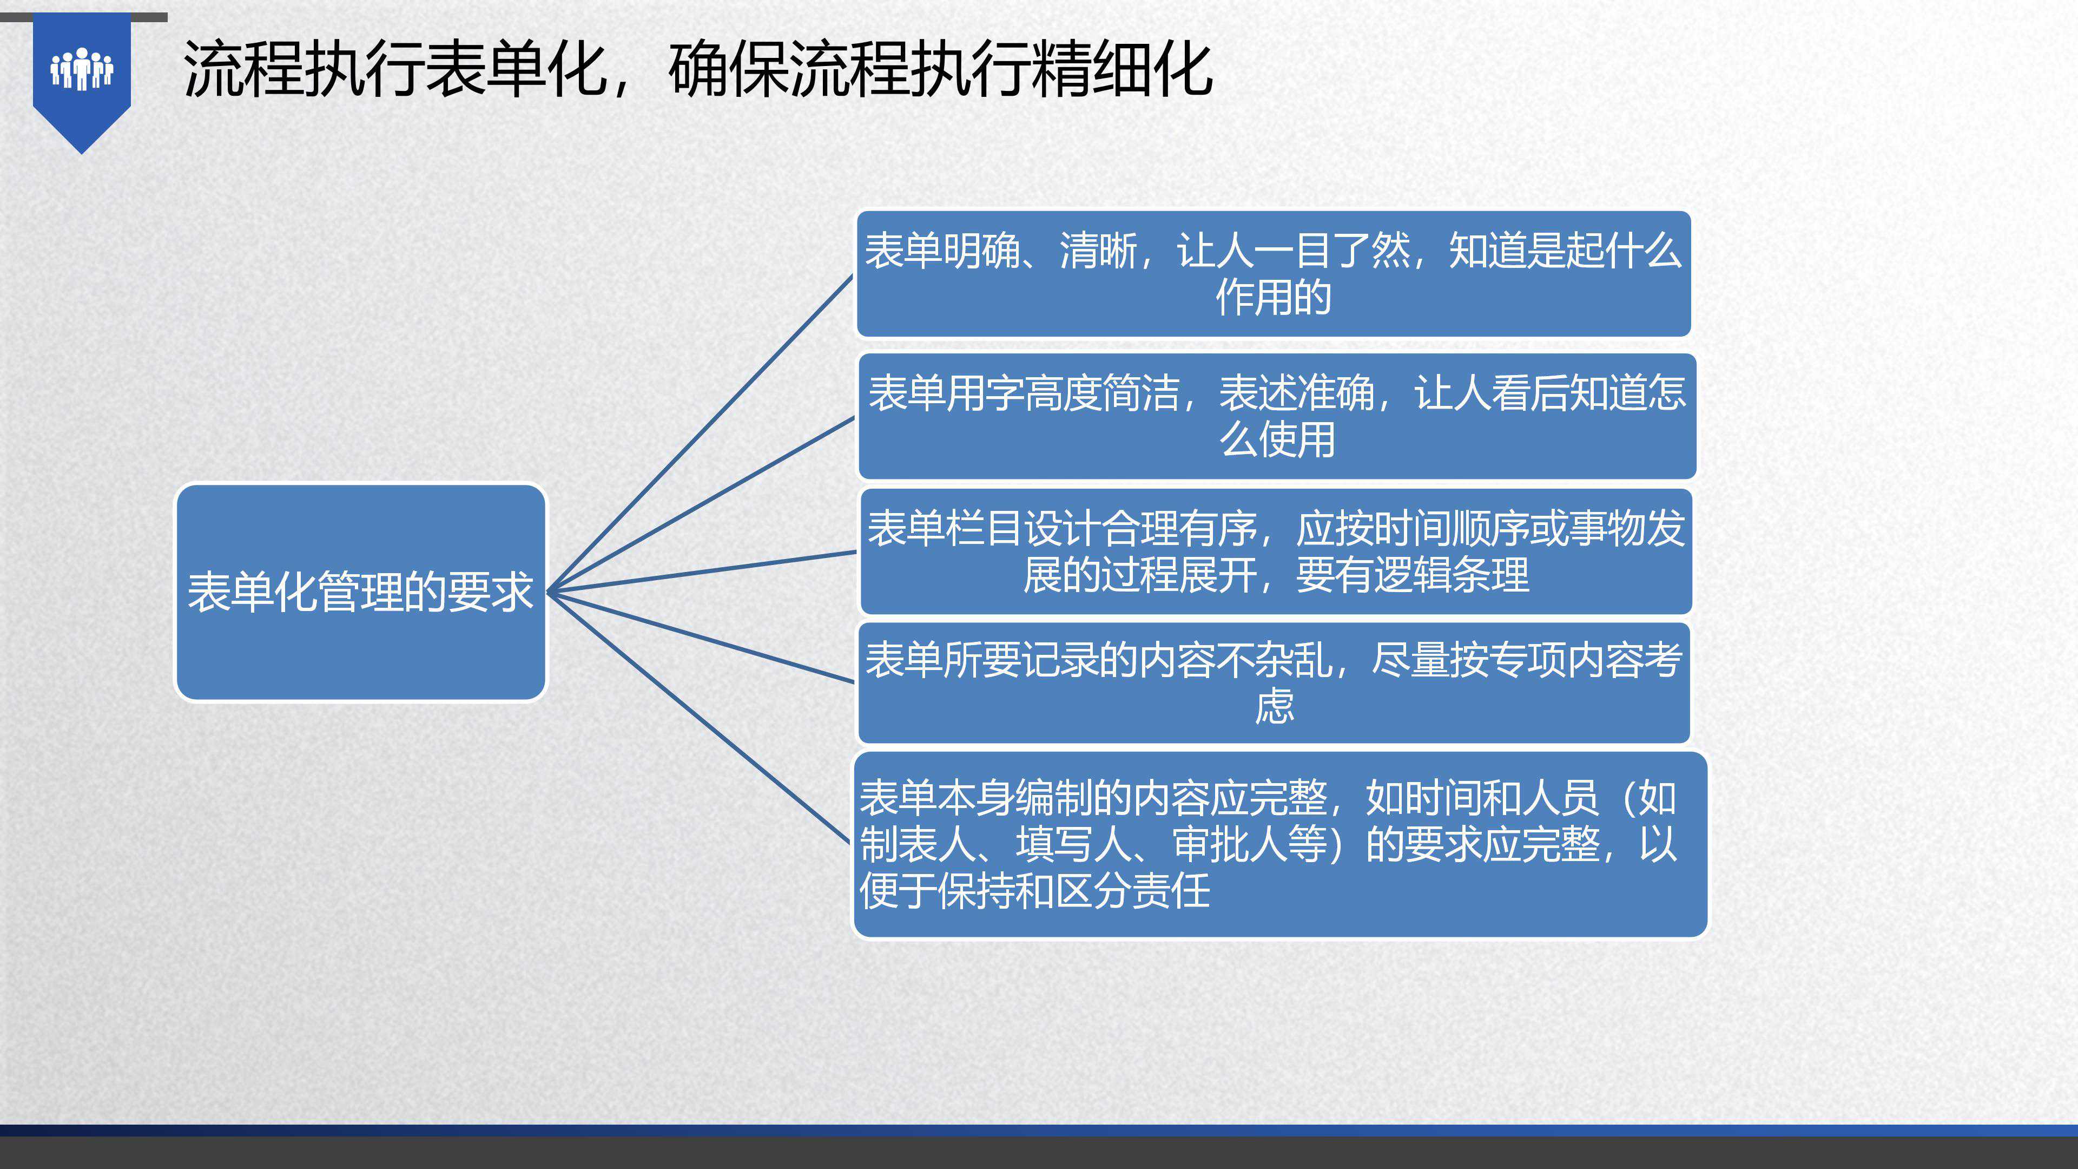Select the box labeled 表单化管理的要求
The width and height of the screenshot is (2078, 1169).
361,592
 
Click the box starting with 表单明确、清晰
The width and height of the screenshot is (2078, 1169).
1273,273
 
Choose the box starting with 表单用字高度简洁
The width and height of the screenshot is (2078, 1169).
1277,416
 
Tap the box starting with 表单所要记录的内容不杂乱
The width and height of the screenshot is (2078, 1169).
1274,682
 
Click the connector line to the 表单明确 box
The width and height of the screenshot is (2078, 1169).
700,433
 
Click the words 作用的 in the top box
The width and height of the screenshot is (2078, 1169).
1273,298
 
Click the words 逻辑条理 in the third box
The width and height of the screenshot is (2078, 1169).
1451,575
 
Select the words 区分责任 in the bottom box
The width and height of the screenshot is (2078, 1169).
1132,891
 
